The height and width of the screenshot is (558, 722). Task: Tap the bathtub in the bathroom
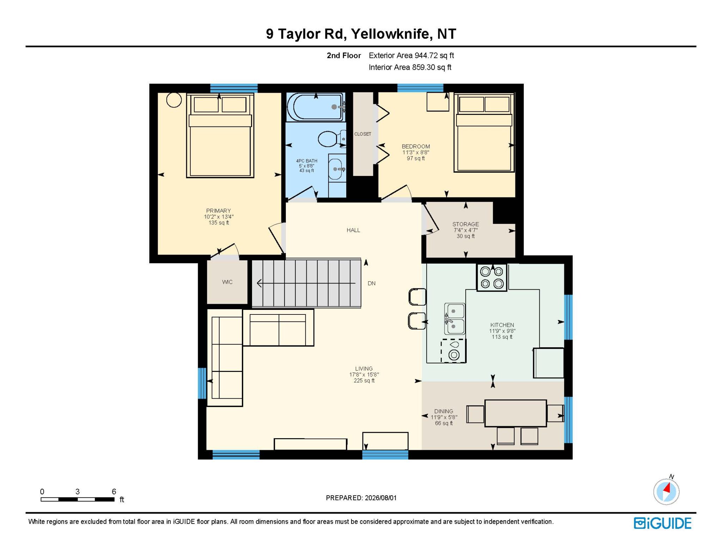[x=316, y=107]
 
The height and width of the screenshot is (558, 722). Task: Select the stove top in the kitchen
[x=492, y=277]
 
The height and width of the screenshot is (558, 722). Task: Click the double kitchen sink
[x=454, y=319]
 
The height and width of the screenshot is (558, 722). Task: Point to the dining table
[x=515, y=413]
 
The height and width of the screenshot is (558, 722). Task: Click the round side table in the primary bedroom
[x=174, y=100]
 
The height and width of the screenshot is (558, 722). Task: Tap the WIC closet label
[x=227, y=282]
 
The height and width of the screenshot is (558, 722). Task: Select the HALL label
[x=353, y=230]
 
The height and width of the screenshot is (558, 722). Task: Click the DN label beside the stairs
[x=372, y=283]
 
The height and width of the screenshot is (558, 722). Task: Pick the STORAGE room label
[x=466, y=224]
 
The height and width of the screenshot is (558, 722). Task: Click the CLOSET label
[x=363, y=134]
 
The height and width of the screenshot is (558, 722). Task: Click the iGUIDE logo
[x=662, y=523]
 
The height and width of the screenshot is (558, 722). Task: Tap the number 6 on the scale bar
[x=114, y=491]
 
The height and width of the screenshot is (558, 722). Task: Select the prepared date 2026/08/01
[x=381, y=498]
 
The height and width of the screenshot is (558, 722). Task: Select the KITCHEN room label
[x=502, y=325]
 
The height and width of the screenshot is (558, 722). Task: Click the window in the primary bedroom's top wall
[x=234, y=88]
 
